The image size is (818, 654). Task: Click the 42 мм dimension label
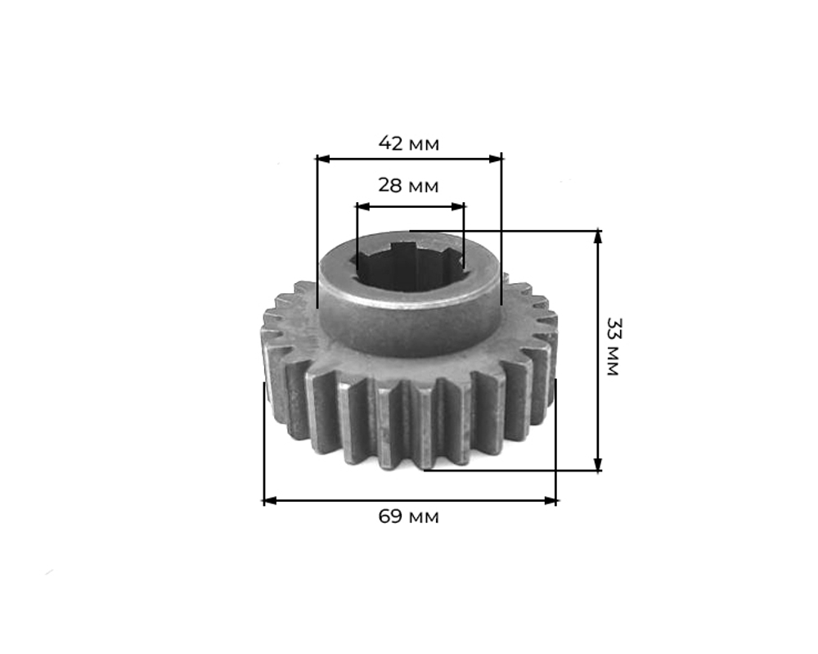tap(409, 143)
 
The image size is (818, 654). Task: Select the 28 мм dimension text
tap(408, 185)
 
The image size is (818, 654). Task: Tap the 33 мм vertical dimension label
tap(613, 346)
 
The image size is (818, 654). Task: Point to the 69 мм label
tap(408, 516)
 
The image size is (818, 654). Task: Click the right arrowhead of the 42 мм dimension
tap(495, 159)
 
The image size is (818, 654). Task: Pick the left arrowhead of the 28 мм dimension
tap(362, 207)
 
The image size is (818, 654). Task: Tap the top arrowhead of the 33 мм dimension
tap(598, 237)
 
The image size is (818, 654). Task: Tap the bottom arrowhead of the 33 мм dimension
tap(598, 464)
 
